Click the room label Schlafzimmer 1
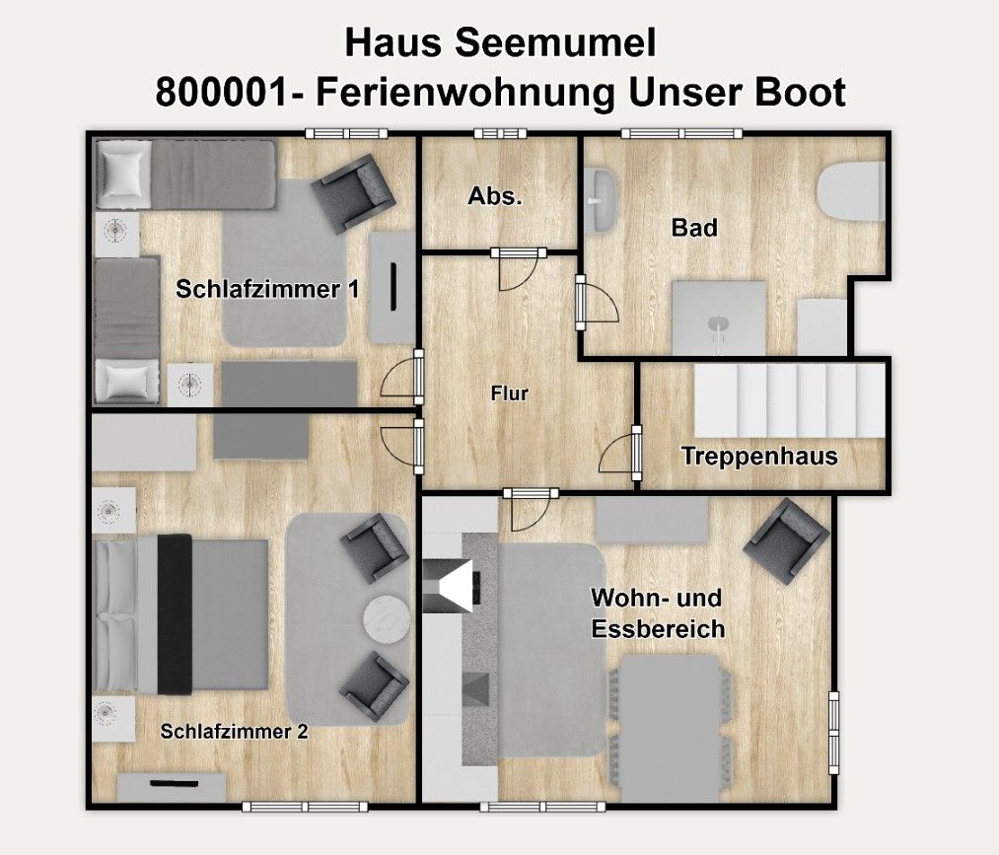pos(266,290)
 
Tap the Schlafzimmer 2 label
pos(235,732)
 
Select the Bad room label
pos(694,229)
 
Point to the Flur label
pos(510,394)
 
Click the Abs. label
pos(494,196)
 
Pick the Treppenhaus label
pos(759,457)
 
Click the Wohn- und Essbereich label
pos(657,613)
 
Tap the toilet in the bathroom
pos(850,191)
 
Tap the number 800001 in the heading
pos(212,94)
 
